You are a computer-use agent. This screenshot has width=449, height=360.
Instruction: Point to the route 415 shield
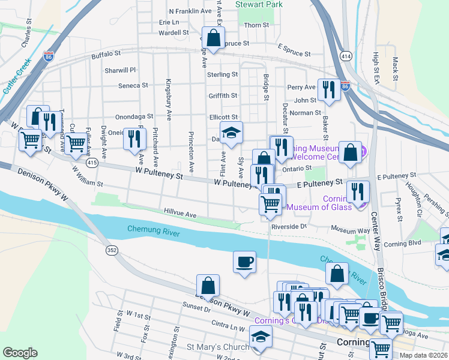pos(92,162)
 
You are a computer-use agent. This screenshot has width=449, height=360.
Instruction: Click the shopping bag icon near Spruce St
pos(212,38)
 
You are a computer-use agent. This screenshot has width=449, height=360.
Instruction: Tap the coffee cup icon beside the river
pos(244,262)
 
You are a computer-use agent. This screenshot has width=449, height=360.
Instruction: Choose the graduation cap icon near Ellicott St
pos(231,133)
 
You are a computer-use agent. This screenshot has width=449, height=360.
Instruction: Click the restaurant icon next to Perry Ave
pos(328,90)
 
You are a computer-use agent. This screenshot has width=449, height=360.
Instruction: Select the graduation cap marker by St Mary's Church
pos(261,337)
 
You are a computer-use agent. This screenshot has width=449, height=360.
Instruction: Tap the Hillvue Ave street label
pos(181,214)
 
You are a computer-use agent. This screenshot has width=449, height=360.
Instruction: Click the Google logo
pos(20,352)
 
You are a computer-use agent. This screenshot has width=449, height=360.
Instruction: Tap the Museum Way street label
pos(351,230)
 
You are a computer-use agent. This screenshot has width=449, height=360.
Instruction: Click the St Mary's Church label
pos(218,347)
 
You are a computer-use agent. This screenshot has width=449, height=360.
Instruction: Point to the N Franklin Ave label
pos(190,11)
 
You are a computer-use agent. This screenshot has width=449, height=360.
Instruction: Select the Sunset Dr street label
pos(198,310)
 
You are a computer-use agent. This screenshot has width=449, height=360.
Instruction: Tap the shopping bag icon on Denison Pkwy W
pos(208,286)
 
